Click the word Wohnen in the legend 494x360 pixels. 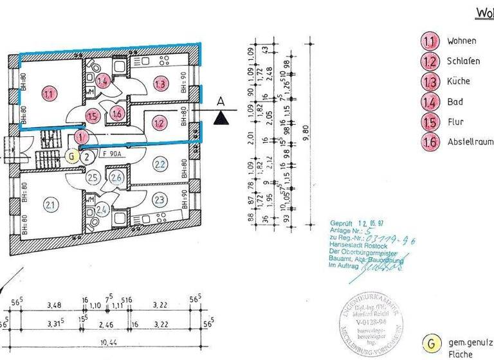click(x=462, y=40)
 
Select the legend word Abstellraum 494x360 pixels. click(x=470, y=142)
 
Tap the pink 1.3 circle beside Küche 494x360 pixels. click(x=429, y=81)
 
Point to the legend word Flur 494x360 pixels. click(x=456, y=122)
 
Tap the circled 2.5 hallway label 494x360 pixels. click(x=93, y=177)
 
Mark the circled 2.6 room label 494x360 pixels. click(x=116, y=178)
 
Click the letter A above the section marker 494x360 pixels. click(x=221, y=102)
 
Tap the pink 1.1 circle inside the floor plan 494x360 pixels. click(x=49, y=94)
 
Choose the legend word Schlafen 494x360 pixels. click(x=464, y=61)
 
